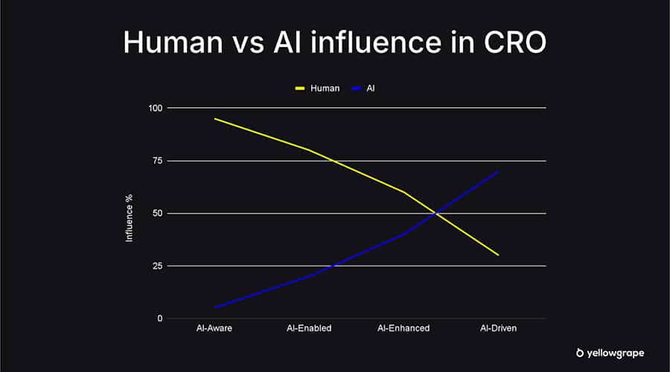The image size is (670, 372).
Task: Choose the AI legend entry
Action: (370, 88)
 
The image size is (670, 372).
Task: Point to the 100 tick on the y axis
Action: (155, 108)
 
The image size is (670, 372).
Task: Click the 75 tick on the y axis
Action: (157, 161)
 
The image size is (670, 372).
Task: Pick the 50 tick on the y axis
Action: (157, 214)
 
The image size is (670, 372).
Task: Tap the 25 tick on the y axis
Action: (157, 266)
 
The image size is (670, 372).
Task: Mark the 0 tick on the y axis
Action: (159, 318)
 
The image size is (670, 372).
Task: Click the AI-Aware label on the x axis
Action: (214, 328)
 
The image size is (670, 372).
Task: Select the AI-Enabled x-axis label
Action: (309, 328)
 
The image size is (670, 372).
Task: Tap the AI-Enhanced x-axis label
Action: (403, 328)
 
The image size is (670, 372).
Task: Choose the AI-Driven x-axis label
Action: (498, 328)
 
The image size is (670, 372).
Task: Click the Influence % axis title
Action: (129, 217)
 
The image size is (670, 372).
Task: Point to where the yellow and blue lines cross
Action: (436, 214)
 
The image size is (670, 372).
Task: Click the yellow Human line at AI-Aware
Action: (214, 119)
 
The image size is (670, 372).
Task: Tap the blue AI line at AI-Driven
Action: (498, 171)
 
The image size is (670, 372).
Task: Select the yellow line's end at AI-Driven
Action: (498, 255)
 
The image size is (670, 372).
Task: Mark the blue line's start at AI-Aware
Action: (214, 308)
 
